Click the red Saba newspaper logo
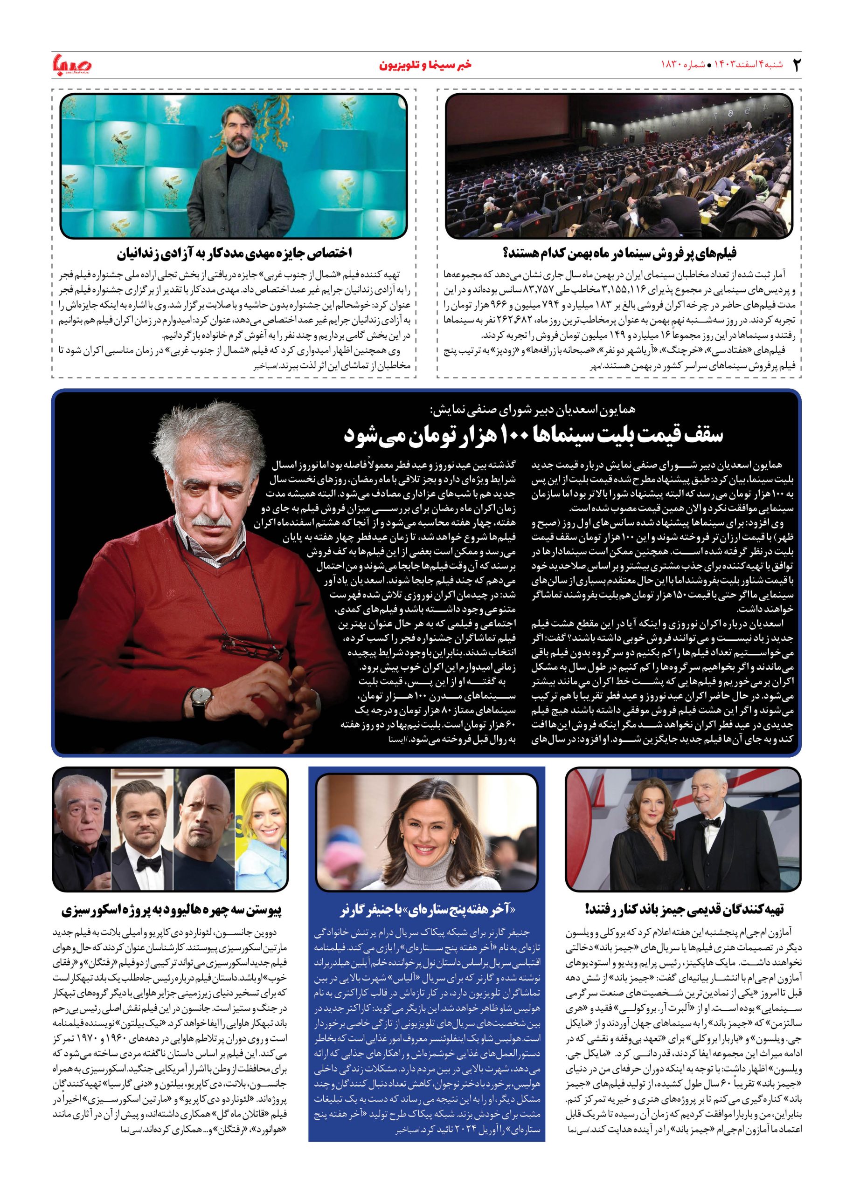click(x=72, y=64)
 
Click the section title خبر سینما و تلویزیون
click(x=425, y=65)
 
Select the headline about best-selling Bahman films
click(x=619, y=254)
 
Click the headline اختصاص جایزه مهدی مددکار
click(x=234, y=254)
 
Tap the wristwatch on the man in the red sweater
click(x=199, y=698)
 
